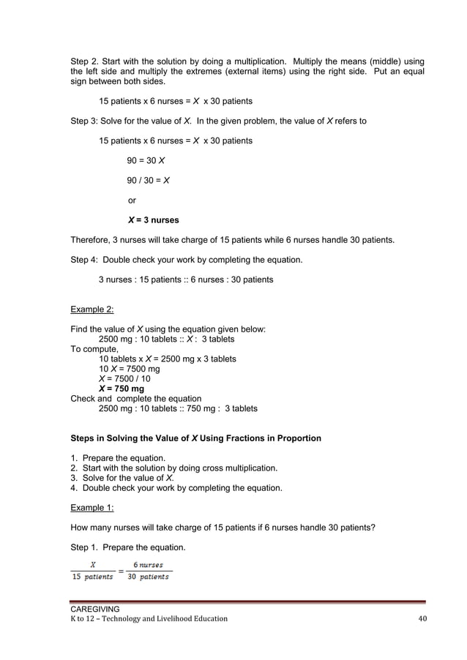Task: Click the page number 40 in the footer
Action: (x=420, y=618)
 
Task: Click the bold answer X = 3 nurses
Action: (x=153, y=220)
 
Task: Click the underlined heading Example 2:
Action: (x=91, y=310)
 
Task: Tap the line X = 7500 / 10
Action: (x=124, y=379)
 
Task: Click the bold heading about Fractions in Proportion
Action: (x=195, y=438)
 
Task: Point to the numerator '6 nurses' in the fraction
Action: (x=147, y=564)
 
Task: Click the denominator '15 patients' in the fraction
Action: (x=92, y=577)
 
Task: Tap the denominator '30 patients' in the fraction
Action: (x=148, y=577)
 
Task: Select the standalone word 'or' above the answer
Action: (x=132, y=200)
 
